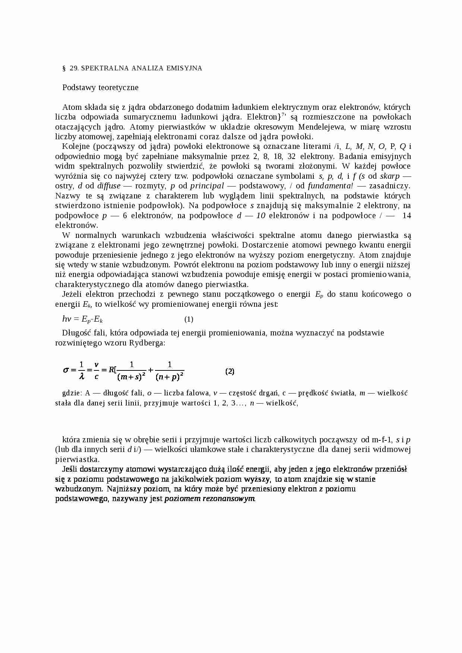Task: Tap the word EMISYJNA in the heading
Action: click(x=184, y=68)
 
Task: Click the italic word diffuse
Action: click(x=109, y=186)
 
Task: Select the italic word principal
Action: click(x=207, y=186)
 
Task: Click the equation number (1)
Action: click(x=189, y=319)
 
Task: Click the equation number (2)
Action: click(x=230, y=371)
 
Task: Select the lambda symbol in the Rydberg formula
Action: click(x=82, y=376)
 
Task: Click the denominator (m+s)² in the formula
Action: click(x=131, y=377)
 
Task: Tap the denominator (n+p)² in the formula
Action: click(x=170, y=377)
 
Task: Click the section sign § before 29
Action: click(x=64, y=68)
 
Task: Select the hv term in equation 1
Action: click(x=67, y=319)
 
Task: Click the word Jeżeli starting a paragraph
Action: click(x=73, y=294)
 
